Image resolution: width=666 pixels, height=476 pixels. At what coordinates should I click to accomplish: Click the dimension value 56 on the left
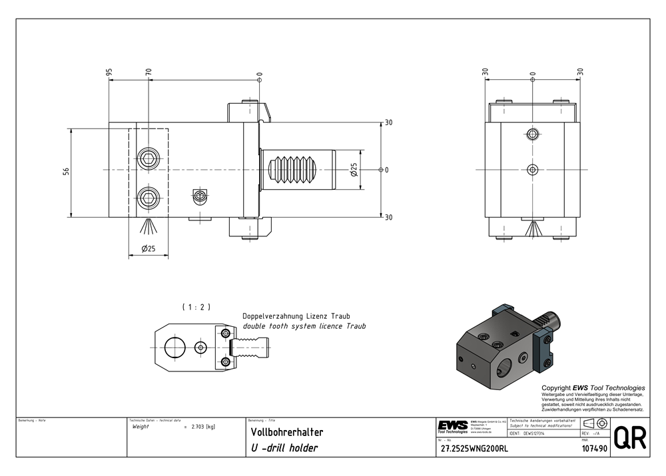pos(66,170)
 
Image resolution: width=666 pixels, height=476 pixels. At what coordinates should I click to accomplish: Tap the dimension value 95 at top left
pos(109,72)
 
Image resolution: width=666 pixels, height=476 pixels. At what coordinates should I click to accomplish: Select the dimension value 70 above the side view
pos(149,72)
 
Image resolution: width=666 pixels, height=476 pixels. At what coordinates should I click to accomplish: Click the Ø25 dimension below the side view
pos(148,249)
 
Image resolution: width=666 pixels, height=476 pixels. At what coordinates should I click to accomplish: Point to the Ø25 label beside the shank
pos(354,170)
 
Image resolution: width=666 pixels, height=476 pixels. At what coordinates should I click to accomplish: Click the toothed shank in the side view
pos(297,170)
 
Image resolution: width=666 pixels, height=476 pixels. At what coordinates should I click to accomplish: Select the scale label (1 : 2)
pos(196,307)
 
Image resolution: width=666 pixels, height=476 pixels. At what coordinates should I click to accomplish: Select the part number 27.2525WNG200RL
pos(474,449)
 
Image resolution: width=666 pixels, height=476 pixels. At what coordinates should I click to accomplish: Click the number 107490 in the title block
pos(592,449)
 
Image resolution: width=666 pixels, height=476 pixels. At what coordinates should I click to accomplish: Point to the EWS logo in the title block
pos(453,425)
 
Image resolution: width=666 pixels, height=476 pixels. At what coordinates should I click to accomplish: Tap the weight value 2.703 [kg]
pos(202,427)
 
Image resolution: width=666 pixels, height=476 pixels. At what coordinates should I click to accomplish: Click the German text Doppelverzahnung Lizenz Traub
pos(296,316)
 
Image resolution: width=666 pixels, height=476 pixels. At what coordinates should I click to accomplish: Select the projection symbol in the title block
pos(594,423)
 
